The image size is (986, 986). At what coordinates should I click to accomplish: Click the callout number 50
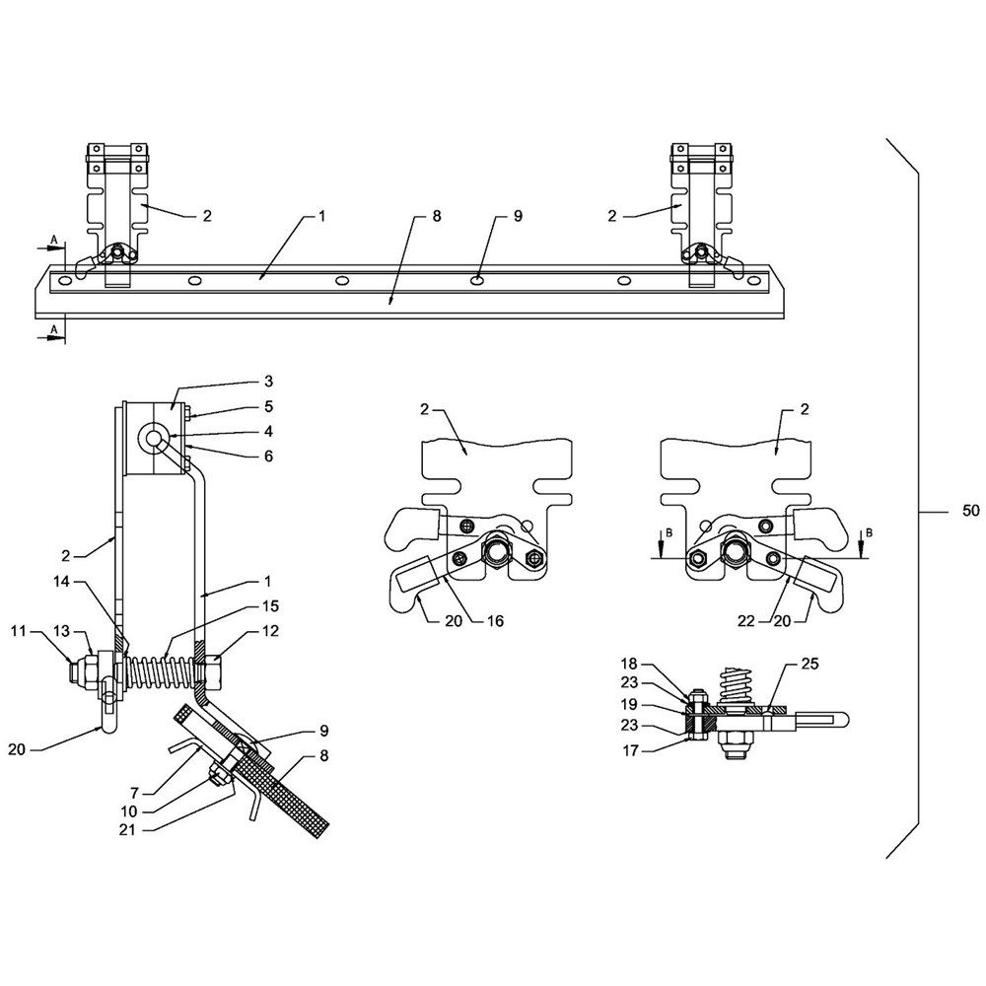point(971,511)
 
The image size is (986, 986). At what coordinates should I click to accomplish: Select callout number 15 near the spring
point(270,606)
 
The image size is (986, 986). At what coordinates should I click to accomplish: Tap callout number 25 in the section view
point(810,664)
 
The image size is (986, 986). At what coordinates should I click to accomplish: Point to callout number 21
point(127,830)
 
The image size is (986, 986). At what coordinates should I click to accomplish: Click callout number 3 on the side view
point(268,381)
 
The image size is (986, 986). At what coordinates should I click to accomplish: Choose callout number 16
point(496,621)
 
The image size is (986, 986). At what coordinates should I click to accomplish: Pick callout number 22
point(745,621)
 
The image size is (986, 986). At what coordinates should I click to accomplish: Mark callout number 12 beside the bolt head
point(270,631)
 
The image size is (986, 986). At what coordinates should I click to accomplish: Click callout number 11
point(18,631)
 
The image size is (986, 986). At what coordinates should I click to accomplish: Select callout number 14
point(61,583)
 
